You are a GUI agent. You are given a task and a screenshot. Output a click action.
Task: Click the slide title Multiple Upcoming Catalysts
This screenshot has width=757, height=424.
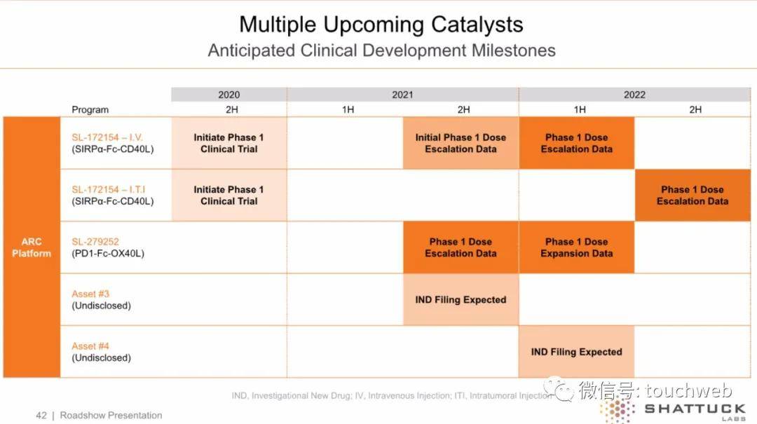tap(381, 25)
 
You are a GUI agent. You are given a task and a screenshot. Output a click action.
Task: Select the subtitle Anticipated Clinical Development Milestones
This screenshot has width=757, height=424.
tap(381, 50)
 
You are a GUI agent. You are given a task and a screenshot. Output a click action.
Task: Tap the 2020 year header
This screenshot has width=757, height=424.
tap(229, 95)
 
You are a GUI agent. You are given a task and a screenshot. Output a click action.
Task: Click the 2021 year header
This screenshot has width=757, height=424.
tap(402, 95)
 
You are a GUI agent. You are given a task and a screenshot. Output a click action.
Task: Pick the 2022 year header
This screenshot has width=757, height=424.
tap(634, 95)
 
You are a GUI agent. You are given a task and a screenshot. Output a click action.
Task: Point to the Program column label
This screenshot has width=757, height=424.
tap(90, 109)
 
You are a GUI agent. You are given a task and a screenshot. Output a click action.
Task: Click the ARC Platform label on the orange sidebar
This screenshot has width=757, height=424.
tap(32, 247)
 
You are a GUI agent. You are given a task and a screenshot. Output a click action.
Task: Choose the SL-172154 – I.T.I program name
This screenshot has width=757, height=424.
tap(109, 189)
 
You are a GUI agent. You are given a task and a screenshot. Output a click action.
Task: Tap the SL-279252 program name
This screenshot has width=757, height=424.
tap(95, 242)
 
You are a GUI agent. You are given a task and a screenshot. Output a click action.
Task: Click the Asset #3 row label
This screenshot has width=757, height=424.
tap(90, 294)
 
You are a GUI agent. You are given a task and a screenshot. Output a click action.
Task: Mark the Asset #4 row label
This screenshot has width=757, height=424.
tap(90, 346)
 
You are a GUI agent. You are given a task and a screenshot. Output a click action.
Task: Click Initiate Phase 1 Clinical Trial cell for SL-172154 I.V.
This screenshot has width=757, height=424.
tap(229, 143)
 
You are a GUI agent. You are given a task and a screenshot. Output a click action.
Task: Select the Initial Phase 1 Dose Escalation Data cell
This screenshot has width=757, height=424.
tap(461, 143)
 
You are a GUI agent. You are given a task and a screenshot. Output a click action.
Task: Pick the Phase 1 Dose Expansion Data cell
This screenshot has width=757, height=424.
tap(576, 247)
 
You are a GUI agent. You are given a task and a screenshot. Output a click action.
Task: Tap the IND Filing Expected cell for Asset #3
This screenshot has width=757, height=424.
tap(461, 299)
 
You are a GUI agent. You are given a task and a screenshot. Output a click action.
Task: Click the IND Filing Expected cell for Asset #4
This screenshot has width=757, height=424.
tap(576, 352)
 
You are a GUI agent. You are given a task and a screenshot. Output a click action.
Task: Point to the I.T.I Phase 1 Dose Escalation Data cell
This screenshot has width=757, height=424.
tap(692, 195)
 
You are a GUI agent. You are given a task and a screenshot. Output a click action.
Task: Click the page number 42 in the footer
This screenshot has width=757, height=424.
tap(41, 416)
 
